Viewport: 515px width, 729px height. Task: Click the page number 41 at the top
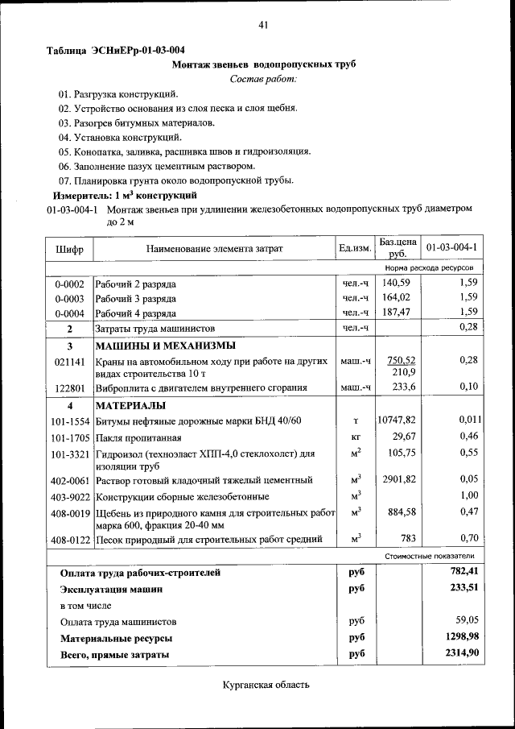pyautogui.click(x=262, y=26)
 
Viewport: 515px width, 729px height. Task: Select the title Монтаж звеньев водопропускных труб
pyautogui.click(x=263, y=64)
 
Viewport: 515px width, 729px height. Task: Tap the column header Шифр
pyautogui.click(x=70, y=248)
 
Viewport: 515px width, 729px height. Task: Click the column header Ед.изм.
pyautogui.click(x=355, y=248)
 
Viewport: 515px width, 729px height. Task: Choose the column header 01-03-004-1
pyautogui.click(x=451, y=247)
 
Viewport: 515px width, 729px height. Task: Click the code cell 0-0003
pyautogui.click(x=70, y=298)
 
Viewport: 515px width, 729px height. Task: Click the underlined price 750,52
pyautogui.click(x=401, y=360)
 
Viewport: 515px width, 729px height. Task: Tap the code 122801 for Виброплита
pyautogui.click(x=70, y=387)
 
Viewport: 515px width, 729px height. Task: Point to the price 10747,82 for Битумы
pyautogui.click(x=397, y=420)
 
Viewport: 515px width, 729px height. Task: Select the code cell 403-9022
pyautogui.click(x=70, y=496)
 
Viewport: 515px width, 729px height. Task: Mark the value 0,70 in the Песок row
pyautogui.click(x=469, y=538)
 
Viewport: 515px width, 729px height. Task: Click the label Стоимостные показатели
pyautogui.click(x=430, y=556)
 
